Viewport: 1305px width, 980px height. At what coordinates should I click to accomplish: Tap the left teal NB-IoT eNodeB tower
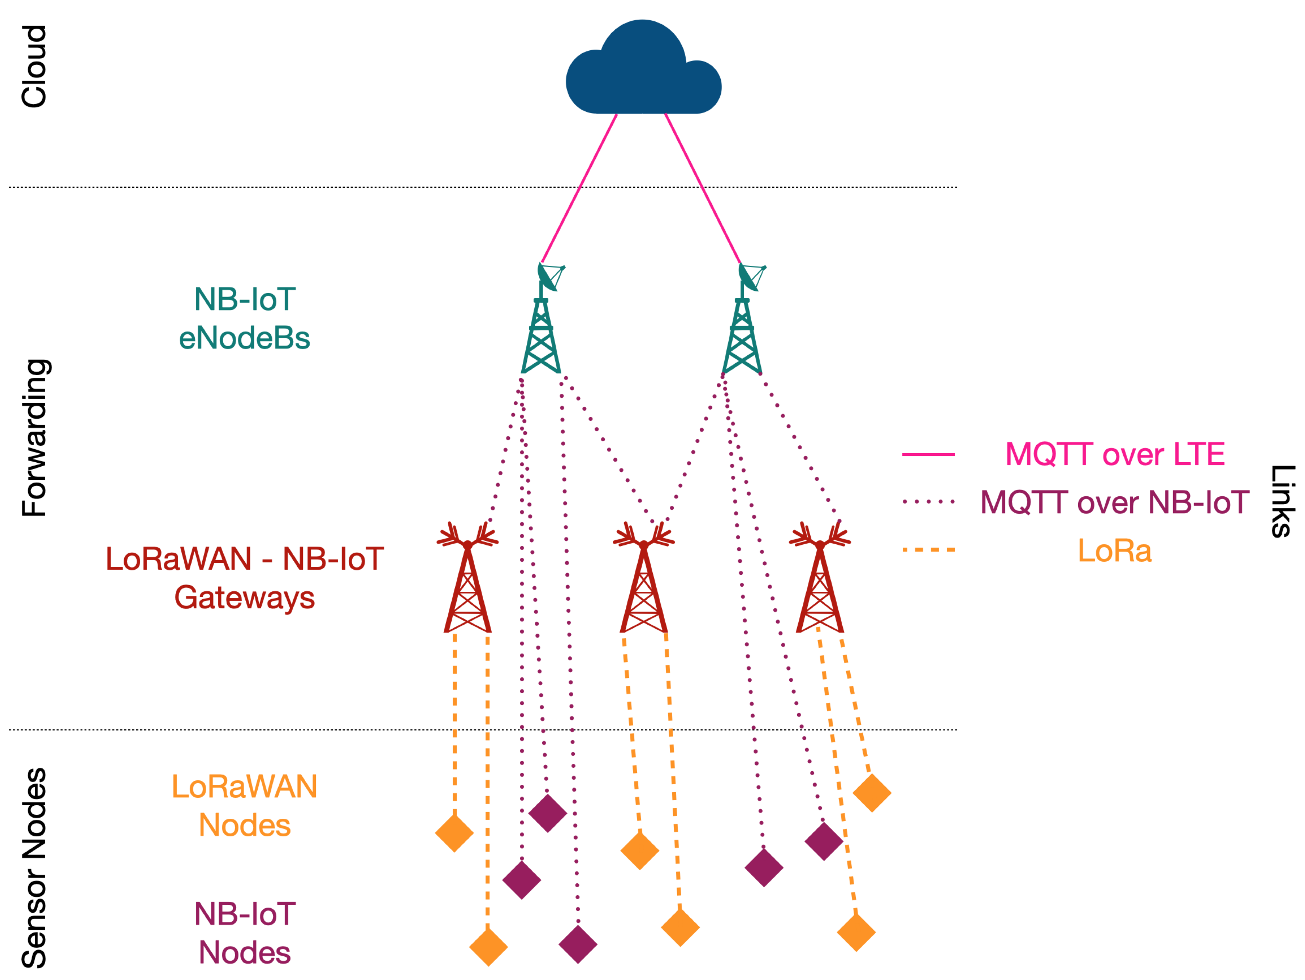coord(541,331)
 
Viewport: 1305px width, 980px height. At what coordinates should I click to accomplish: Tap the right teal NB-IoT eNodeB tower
coord(742,331)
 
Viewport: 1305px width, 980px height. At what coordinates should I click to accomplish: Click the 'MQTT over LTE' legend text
coord(1115,455)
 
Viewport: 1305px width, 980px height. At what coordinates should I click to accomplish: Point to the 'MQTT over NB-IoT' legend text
coord(1115,502)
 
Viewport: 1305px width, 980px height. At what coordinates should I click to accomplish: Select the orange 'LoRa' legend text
coord(1115,551)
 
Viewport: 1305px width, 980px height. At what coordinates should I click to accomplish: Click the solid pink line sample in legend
coord(928,455)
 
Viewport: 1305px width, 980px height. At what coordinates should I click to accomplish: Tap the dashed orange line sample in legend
coord(928,550)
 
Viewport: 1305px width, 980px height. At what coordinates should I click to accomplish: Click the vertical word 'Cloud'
coord(34,66)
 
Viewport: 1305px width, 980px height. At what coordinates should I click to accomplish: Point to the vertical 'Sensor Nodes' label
coord(34,868)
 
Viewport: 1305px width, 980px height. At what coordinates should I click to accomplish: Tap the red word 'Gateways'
coord(244,597)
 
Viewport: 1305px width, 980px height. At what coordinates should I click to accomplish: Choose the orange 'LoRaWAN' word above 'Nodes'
coord(244,786)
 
